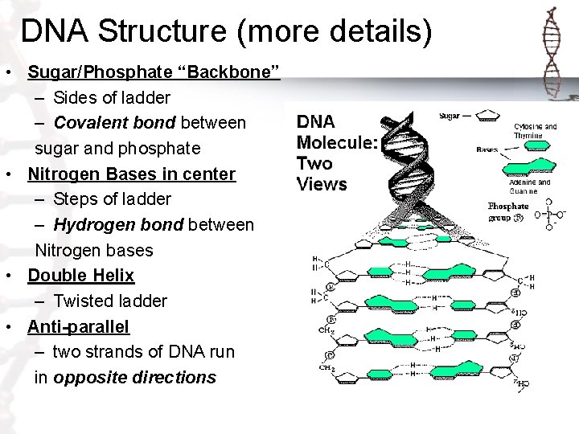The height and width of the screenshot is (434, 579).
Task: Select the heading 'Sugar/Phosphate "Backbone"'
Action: (153, 74)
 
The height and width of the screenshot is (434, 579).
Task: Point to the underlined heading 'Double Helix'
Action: (80, 275)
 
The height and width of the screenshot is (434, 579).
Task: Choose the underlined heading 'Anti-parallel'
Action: (78, 326)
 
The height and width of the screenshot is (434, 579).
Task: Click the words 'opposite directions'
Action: (134, 377)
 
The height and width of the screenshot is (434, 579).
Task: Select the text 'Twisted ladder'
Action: (110, 301)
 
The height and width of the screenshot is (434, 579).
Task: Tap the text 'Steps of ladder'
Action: (113, 199)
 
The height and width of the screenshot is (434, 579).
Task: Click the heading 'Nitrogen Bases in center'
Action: (131, 174)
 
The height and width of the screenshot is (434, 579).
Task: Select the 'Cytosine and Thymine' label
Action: (534, 131)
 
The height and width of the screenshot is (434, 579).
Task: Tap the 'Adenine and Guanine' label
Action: (529, 187)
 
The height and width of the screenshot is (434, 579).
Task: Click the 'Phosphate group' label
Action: (508, 211)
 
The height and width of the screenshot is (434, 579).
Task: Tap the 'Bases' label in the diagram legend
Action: (487, 149)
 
